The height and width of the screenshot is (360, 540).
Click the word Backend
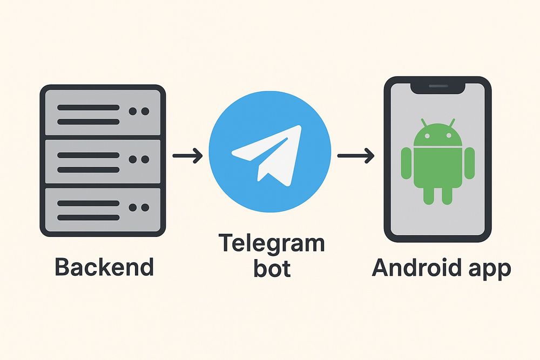[104, 267]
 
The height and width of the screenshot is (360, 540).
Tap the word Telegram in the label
[271, 244]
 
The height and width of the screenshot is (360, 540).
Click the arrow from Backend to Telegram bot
[187, 157]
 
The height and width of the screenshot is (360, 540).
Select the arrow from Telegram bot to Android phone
[355, 157]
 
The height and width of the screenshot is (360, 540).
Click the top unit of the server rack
[103, 112]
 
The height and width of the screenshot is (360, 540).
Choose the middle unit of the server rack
[103, 159]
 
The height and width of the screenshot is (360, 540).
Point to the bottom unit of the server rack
[103, 207]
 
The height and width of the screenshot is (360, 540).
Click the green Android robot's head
[437, 135]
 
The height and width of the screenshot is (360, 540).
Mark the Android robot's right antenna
[452, 123]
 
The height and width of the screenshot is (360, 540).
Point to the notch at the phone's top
[437, 86]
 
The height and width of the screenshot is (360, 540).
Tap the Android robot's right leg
[447, 195]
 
